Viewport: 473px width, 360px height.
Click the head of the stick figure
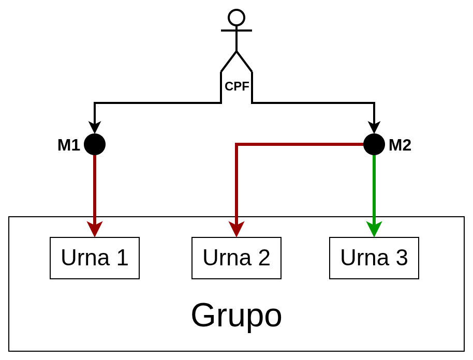(x=236, y=18)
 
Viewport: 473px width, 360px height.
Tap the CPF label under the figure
(x=236, y=86)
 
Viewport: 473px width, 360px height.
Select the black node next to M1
(x=95, y=144)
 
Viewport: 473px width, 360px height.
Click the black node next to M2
(x=374, y=144)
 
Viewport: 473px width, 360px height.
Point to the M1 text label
(x=69, y=145)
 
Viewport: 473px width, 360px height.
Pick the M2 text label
(x=400, y=145)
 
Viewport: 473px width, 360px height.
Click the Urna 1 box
(x=95, y=258)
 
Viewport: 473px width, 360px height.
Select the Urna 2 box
(x=236, y=258)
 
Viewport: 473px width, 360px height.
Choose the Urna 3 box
(x=374, y=258)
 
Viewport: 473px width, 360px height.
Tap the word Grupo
(x=236, y=315)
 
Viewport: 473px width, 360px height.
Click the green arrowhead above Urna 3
(x=374, y=229)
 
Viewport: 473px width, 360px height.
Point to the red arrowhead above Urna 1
(x=95, y=229)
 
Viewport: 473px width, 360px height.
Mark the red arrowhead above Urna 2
(x=236, y=229)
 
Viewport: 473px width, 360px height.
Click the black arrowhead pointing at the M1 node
(x=95, y=127)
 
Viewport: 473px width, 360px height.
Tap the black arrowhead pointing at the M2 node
(x=374, y=127)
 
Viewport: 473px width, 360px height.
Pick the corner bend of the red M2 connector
(x=236, y=144)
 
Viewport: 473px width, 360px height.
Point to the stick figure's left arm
(x=228, y=31)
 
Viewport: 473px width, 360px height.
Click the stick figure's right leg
(x=245, y=62)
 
